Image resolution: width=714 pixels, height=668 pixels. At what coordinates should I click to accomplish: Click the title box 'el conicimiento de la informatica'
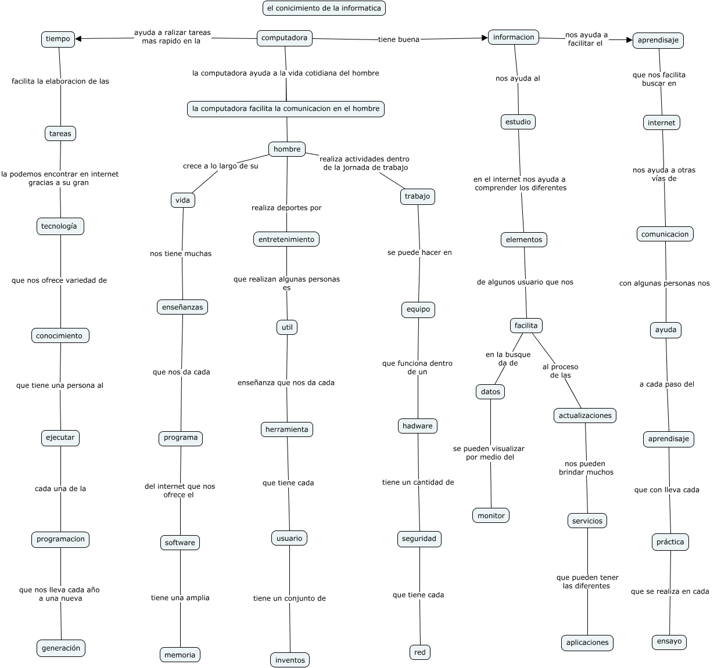[x=324, y=8]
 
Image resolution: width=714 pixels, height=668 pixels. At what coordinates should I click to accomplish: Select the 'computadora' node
[x=285, y=38]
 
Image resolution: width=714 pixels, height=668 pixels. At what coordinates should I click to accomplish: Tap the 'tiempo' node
[x=58, y=39]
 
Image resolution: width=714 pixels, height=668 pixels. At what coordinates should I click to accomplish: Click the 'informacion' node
[x=514, y=37]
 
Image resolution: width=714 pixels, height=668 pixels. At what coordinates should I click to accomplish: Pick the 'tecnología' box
[x=60, y=226]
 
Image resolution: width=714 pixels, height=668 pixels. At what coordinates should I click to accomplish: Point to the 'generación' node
[x=61, y=648]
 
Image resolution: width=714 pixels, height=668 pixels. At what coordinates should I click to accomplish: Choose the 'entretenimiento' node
[x=286, y=239]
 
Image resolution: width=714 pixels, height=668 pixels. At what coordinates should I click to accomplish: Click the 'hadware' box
[x=418, y=426]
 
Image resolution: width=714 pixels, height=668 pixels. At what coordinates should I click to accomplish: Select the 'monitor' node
[x=491, y=515]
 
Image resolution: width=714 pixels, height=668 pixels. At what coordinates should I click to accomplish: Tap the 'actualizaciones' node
[x=585, y=416]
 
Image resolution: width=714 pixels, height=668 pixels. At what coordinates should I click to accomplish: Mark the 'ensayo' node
[x=669, y=641]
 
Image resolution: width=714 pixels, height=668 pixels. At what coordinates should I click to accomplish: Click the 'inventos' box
[x=290, y=660]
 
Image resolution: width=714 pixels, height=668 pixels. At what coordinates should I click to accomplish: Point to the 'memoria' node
[x=180, y=655]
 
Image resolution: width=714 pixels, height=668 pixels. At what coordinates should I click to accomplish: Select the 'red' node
[x=420, y=652]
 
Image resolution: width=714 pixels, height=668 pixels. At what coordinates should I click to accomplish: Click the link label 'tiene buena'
[x=399, y=39]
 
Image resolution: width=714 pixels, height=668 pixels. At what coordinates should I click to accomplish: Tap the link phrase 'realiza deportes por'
[x=286, y=208]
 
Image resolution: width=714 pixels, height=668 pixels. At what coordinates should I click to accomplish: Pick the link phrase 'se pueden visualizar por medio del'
[x=489, y=453]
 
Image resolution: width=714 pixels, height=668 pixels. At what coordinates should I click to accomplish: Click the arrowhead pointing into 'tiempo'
[x=78, y=39]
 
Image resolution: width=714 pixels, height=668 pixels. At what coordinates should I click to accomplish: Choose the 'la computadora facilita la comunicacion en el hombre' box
[x=286, y=109]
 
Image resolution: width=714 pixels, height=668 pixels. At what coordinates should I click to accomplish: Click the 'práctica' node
[x=670, y=542]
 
